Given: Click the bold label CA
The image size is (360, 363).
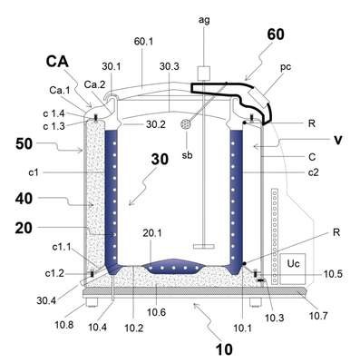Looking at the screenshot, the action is coord(57,62).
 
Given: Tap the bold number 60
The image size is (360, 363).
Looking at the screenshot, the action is coord(276,34).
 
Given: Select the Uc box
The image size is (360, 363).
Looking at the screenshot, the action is coord(293,269).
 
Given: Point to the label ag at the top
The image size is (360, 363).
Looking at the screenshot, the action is coord(204,20).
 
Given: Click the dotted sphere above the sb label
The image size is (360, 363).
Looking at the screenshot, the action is coord(186,124).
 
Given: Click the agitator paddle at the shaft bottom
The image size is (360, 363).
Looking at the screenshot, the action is coord(204,246).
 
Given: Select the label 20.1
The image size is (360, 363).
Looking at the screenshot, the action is coord(152,233).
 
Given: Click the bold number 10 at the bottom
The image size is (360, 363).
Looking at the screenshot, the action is coord(224,349).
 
